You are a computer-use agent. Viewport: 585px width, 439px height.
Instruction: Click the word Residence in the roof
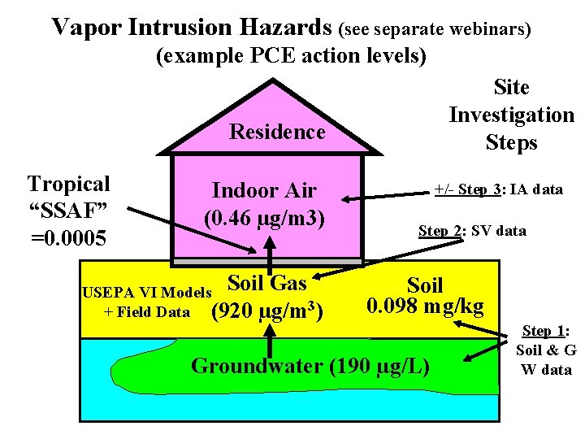click(x=277, y=132)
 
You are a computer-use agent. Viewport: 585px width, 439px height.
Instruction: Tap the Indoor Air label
click(x=264, y=191)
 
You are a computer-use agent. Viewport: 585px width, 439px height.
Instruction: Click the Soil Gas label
click(x=267, y=283)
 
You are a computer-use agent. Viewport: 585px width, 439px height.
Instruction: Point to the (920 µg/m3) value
click(x=267, y=311)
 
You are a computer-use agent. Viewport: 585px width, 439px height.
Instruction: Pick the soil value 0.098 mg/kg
click(x=425, y=306)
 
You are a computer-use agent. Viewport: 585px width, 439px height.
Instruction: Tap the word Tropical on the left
click(x=69, y=184)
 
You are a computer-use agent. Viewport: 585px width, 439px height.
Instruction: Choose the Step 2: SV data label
click(x=472, y=231)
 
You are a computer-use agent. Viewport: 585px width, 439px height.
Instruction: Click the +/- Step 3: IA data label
click(x=498, y=189)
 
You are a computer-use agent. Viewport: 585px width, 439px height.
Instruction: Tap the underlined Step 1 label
click(x=546, y=331)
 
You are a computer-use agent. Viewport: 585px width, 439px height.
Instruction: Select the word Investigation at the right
click(x=511, y=115)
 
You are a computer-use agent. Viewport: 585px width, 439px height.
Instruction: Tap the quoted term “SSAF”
click(x=68, y=211)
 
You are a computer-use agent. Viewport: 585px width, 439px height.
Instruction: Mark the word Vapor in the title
click(x=87, y=28)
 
